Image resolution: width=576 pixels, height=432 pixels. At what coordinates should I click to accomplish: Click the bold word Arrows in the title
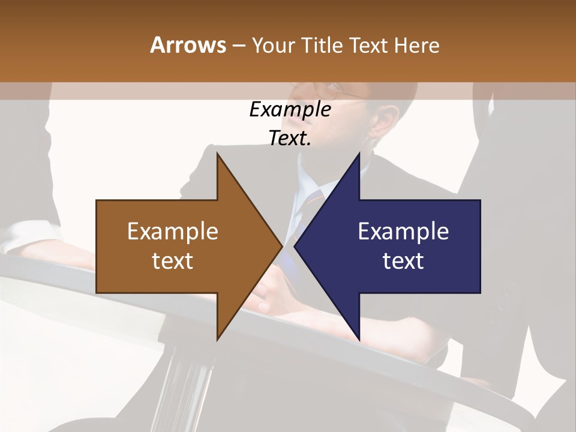pos(188,45)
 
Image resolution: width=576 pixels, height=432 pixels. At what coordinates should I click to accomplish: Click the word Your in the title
pos(274,45)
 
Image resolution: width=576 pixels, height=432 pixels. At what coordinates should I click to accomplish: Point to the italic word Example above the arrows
pos(290,110)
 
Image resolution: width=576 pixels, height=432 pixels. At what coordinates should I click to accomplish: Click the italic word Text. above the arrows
pos(290,139)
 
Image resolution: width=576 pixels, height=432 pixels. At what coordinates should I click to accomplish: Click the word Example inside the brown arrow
pos(173,232)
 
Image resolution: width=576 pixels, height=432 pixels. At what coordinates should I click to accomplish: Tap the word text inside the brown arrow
pos(173,261)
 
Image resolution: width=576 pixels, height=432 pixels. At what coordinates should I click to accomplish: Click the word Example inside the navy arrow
pos(403,232)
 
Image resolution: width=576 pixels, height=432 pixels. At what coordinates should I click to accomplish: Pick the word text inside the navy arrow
pos(403,261)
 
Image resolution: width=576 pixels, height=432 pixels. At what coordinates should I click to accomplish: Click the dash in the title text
pos(239,46)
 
